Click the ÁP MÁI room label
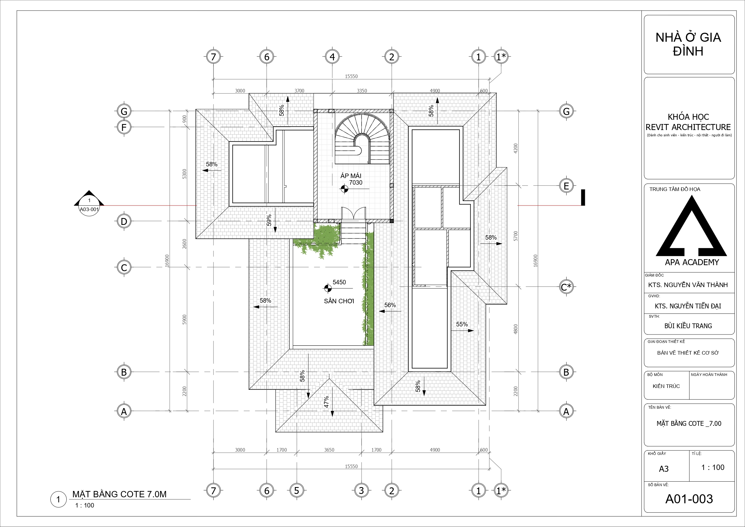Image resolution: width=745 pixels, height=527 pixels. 351,176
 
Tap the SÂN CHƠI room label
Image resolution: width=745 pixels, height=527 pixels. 339,301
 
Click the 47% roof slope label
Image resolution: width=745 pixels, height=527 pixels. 326,402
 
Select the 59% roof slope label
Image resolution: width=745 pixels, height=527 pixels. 269,220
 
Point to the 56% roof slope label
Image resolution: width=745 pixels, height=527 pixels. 390,305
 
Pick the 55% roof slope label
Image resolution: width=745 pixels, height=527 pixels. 462,324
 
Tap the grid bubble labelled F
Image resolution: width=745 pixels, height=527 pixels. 124,127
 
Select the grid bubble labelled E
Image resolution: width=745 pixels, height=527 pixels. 566,186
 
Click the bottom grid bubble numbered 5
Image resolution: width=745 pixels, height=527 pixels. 297,490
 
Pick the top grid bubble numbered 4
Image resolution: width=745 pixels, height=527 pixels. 332,57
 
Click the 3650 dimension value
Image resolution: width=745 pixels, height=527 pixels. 329,450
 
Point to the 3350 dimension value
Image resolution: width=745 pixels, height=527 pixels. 362,91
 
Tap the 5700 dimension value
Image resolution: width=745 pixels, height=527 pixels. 516,236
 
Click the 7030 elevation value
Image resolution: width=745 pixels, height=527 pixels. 356,183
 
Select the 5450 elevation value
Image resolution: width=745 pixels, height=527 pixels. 339,282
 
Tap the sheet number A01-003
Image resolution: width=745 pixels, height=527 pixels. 689,499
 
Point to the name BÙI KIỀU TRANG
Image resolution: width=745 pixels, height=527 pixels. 688,326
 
